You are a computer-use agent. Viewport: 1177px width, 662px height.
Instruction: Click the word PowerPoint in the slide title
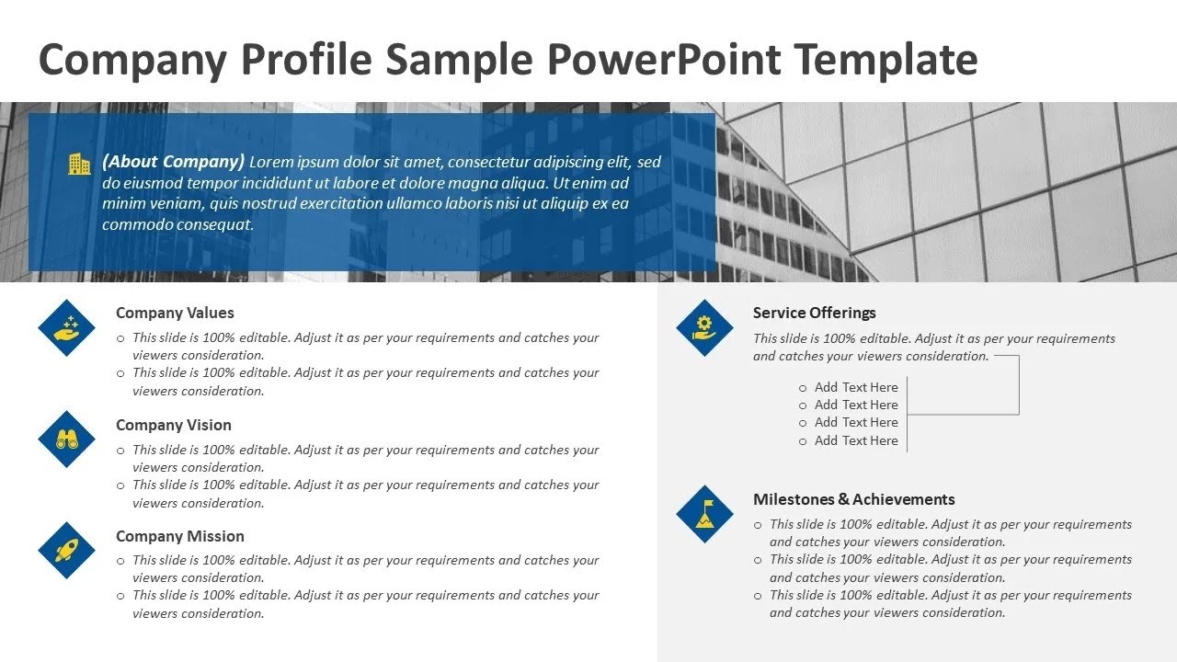point(663,59)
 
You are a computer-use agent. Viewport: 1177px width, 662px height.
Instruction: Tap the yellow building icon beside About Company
point(80,165)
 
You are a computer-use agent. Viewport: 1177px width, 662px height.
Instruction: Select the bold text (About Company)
point(173,162)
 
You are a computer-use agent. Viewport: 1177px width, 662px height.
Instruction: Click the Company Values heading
point(175,313)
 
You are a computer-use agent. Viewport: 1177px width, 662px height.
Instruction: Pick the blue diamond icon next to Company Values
point(66,327)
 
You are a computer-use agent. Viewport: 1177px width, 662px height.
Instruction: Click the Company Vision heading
point(173,425)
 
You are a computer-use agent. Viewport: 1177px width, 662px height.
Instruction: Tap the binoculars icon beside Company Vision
point(66,439)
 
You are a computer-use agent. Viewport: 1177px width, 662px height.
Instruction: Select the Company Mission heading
point(179,536)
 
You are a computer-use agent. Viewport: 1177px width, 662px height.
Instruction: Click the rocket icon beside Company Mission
point(66,551)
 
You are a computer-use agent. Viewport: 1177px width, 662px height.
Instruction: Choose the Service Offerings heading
point(814,313)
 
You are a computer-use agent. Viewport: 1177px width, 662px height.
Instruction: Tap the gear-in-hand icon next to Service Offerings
point(704,327)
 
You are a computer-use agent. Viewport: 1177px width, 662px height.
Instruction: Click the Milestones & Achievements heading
point(853,499)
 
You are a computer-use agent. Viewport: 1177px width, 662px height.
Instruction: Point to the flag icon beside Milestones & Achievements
point(704,514)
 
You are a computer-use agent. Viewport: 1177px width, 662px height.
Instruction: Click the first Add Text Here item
point(855,387)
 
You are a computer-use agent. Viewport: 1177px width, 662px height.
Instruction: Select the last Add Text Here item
point(855,440)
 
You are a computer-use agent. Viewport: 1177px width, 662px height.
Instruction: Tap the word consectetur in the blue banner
point(494,163)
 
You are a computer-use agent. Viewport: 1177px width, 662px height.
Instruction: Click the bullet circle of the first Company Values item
point(120,338)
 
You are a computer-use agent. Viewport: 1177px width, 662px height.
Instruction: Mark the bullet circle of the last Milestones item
point(758,596)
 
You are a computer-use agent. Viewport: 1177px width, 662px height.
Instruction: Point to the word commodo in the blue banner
point(133,224)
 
